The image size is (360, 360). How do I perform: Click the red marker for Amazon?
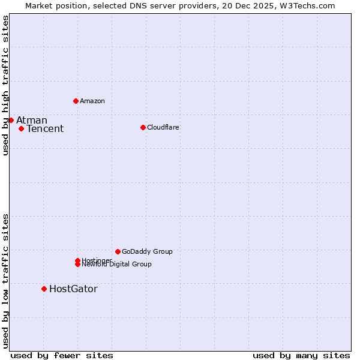(x=76, y=101)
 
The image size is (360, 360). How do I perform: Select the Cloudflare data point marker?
(x=143, y=127)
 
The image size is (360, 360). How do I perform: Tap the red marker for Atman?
(x=11, y=120)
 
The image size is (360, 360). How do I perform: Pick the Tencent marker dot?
(x=21, y=128)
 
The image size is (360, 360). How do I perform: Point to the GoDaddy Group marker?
(x=118, y=251)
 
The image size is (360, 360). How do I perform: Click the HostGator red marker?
(x=44, y=289)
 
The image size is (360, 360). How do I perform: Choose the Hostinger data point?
(x=77, y=260)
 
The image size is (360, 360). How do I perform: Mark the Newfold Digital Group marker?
(x=77, y=264)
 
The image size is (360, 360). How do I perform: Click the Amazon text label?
(x=92, y=101)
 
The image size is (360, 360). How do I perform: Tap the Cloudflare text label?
(x=163, y=127)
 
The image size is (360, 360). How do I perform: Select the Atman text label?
(x=32, y=120)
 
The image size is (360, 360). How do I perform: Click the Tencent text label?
(x=45, y=128)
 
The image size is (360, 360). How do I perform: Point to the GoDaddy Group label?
(x=147, y=251)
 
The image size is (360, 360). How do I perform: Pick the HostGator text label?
(x=73, y=289)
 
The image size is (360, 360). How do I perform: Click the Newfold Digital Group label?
(x=118, y=265)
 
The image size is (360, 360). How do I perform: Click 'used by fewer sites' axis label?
(x=62, y=355)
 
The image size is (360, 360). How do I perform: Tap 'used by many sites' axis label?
(x=301, y=355)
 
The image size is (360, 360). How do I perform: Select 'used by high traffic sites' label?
(x=5, y=86)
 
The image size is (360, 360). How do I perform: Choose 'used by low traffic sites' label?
(x=5, y=280)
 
